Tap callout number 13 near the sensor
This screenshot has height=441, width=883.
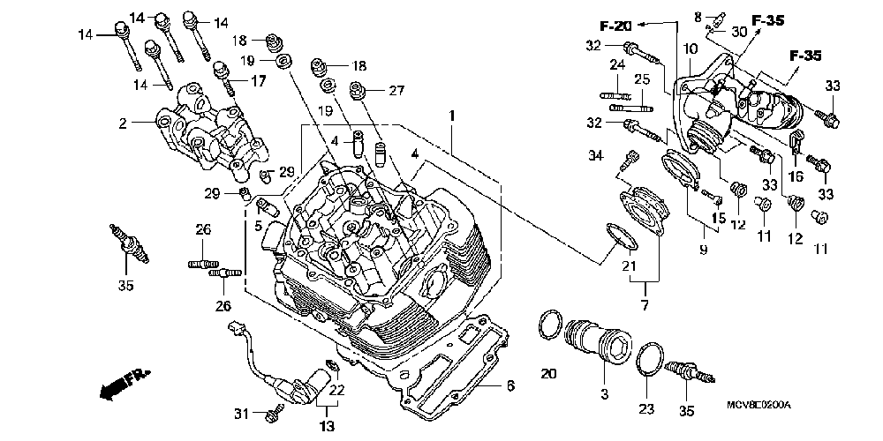coord(327,427)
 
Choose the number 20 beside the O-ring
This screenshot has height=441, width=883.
coord(547,374)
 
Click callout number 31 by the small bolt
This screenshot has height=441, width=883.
coord(242,414)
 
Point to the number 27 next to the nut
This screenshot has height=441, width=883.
coord(395,90)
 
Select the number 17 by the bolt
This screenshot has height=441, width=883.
coord(258,80)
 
